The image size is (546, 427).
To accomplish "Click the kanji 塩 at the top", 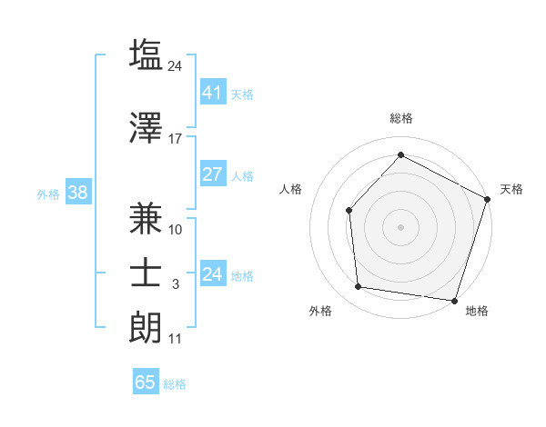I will coord(147,55).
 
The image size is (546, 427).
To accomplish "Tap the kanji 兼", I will coord(147,218).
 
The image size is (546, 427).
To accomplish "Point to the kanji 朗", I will coord(147,328).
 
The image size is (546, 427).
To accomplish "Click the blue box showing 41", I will coord(212,92).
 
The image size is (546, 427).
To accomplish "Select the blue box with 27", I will coord(212,174).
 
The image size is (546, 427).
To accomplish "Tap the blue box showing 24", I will coord(212,274).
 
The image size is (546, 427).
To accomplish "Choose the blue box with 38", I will coord(77,193).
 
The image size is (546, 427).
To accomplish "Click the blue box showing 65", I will coord(146,382).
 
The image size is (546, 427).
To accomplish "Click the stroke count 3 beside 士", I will coord(176,285).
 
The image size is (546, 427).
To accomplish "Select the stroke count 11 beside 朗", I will coord(176,340).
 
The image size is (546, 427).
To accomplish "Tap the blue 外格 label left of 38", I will coord(48,194).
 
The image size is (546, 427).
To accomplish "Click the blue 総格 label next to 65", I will coord(175,384).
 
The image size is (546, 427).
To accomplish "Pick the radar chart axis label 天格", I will coord(511,189).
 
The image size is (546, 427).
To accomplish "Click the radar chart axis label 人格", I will coord(291,189).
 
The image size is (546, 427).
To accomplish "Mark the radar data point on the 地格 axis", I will coord(454,300).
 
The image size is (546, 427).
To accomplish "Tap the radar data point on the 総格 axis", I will coord(400,154).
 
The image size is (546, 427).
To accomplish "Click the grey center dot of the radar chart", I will coord(400,226).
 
